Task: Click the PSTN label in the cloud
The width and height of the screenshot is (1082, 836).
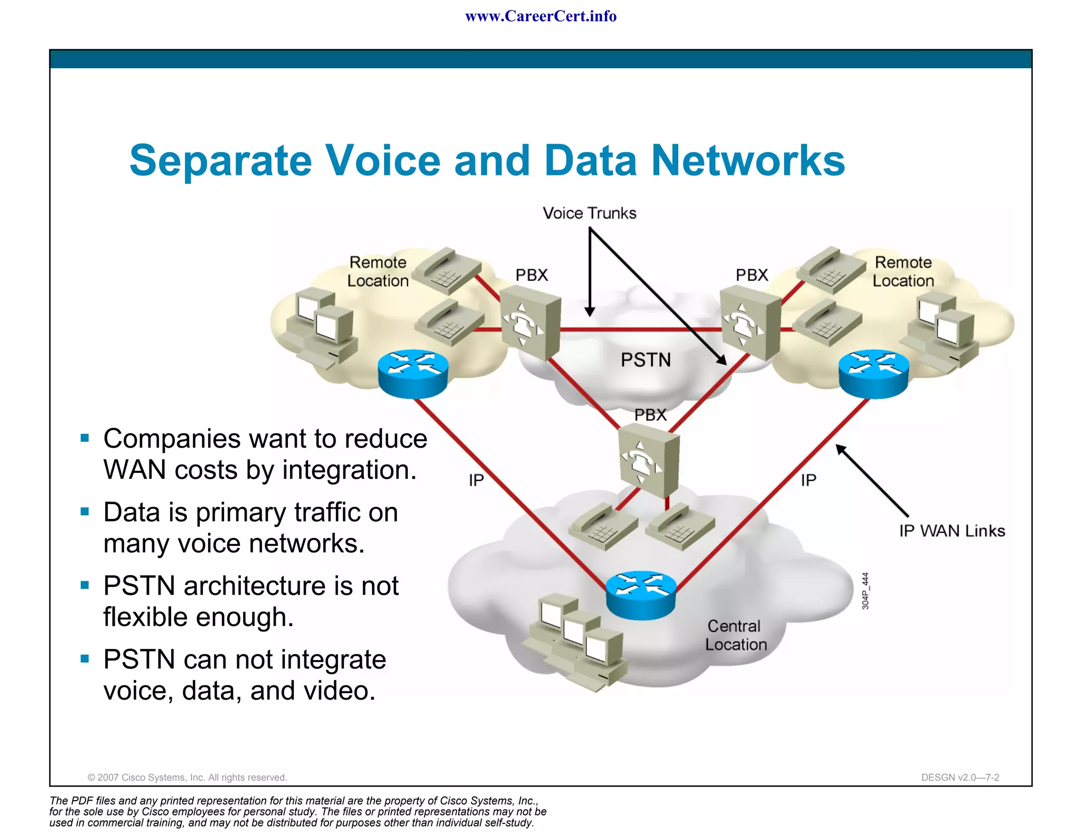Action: point(646,360)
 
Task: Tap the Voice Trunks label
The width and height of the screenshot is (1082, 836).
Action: point(590,213)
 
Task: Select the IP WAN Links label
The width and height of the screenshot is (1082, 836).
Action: point(952,531)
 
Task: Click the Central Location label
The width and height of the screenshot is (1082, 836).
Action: point(735,635)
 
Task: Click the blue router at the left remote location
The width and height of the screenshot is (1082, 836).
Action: point(413,373)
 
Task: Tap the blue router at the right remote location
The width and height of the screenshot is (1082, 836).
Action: point(874,373)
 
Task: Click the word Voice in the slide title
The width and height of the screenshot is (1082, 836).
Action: point(383,160)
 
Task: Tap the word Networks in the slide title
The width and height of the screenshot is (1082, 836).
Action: point(748,160)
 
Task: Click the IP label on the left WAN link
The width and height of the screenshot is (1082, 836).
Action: point(476,480)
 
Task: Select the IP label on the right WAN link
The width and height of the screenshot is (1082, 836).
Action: point(808,480)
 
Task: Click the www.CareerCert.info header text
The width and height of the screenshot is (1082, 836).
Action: point(540,16)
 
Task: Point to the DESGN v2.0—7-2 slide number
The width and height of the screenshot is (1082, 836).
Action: point(960,777)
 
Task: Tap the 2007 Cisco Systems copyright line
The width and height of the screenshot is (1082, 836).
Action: point(187,777)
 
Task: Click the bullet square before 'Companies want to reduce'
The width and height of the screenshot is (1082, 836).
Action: point(85,438)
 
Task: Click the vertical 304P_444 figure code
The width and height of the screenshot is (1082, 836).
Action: point(865,591)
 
